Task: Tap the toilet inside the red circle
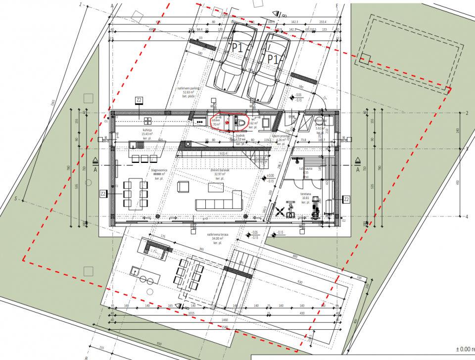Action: pyautogui.click(x=240, y=121)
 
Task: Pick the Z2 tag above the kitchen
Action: pyautogui.click(x=139, y=101)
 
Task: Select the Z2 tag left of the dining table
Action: pyautogui.click(x=103, y=193)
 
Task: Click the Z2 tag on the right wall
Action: pyautogui.click(x=347, y=199)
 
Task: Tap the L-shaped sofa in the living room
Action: pyautogui.click(x=218, y=203)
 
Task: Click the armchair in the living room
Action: pyautogui.click(x=183, y=186)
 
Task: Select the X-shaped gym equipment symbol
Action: pyautogui.click(x=280, y=212)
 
